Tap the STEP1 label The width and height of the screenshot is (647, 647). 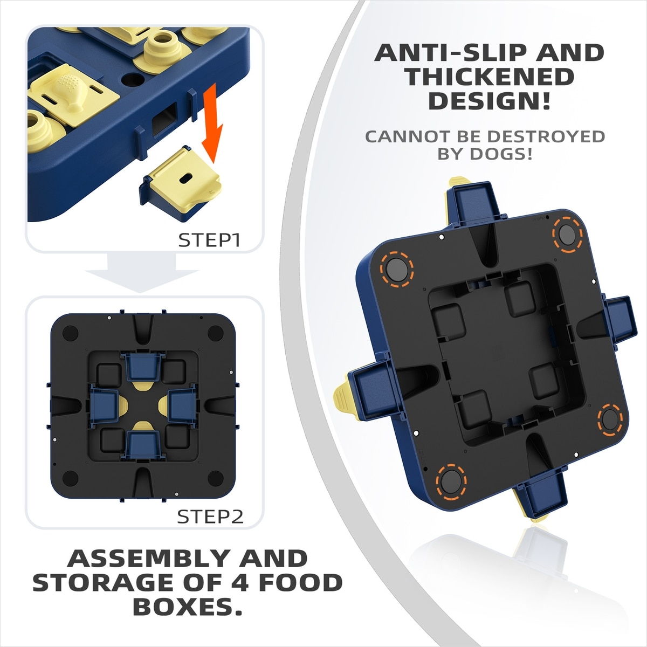click(x=209, y=240)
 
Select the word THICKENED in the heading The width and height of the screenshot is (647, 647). click(x=489, y=77)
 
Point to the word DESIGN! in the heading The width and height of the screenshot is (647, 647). click(x=490, y=101)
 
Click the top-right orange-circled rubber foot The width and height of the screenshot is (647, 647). click(x=567, y=235)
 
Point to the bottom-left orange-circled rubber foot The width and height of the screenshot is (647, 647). click(x=451, y=480)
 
